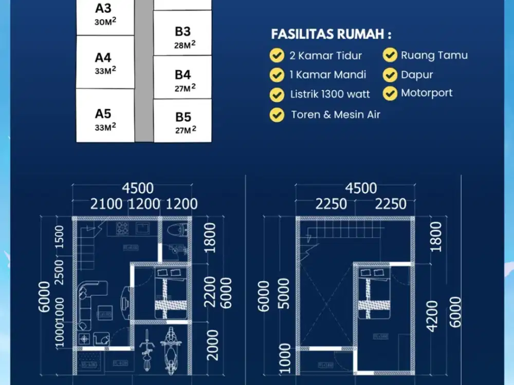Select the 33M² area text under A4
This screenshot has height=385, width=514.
[x=105, y=70]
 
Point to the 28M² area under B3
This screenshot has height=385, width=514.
[x=185, y=45]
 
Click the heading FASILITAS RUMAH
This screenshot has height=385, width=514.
[x=331, y=34]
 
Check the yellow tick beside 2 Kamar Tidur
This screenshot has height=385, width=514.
[x=277, y=55]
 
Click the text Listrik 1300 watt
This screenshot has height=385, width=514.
[x=329, y=94]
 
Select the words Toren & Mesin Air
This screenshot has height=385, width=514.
[x=336, y=114]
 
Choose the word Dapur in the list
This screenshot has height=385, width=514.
[x=417, y=74]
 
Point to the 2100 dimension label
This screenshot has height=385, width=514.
[x=106, y=204]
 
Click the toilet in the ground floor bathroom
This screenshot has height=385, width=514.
[x=176, y=229]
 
